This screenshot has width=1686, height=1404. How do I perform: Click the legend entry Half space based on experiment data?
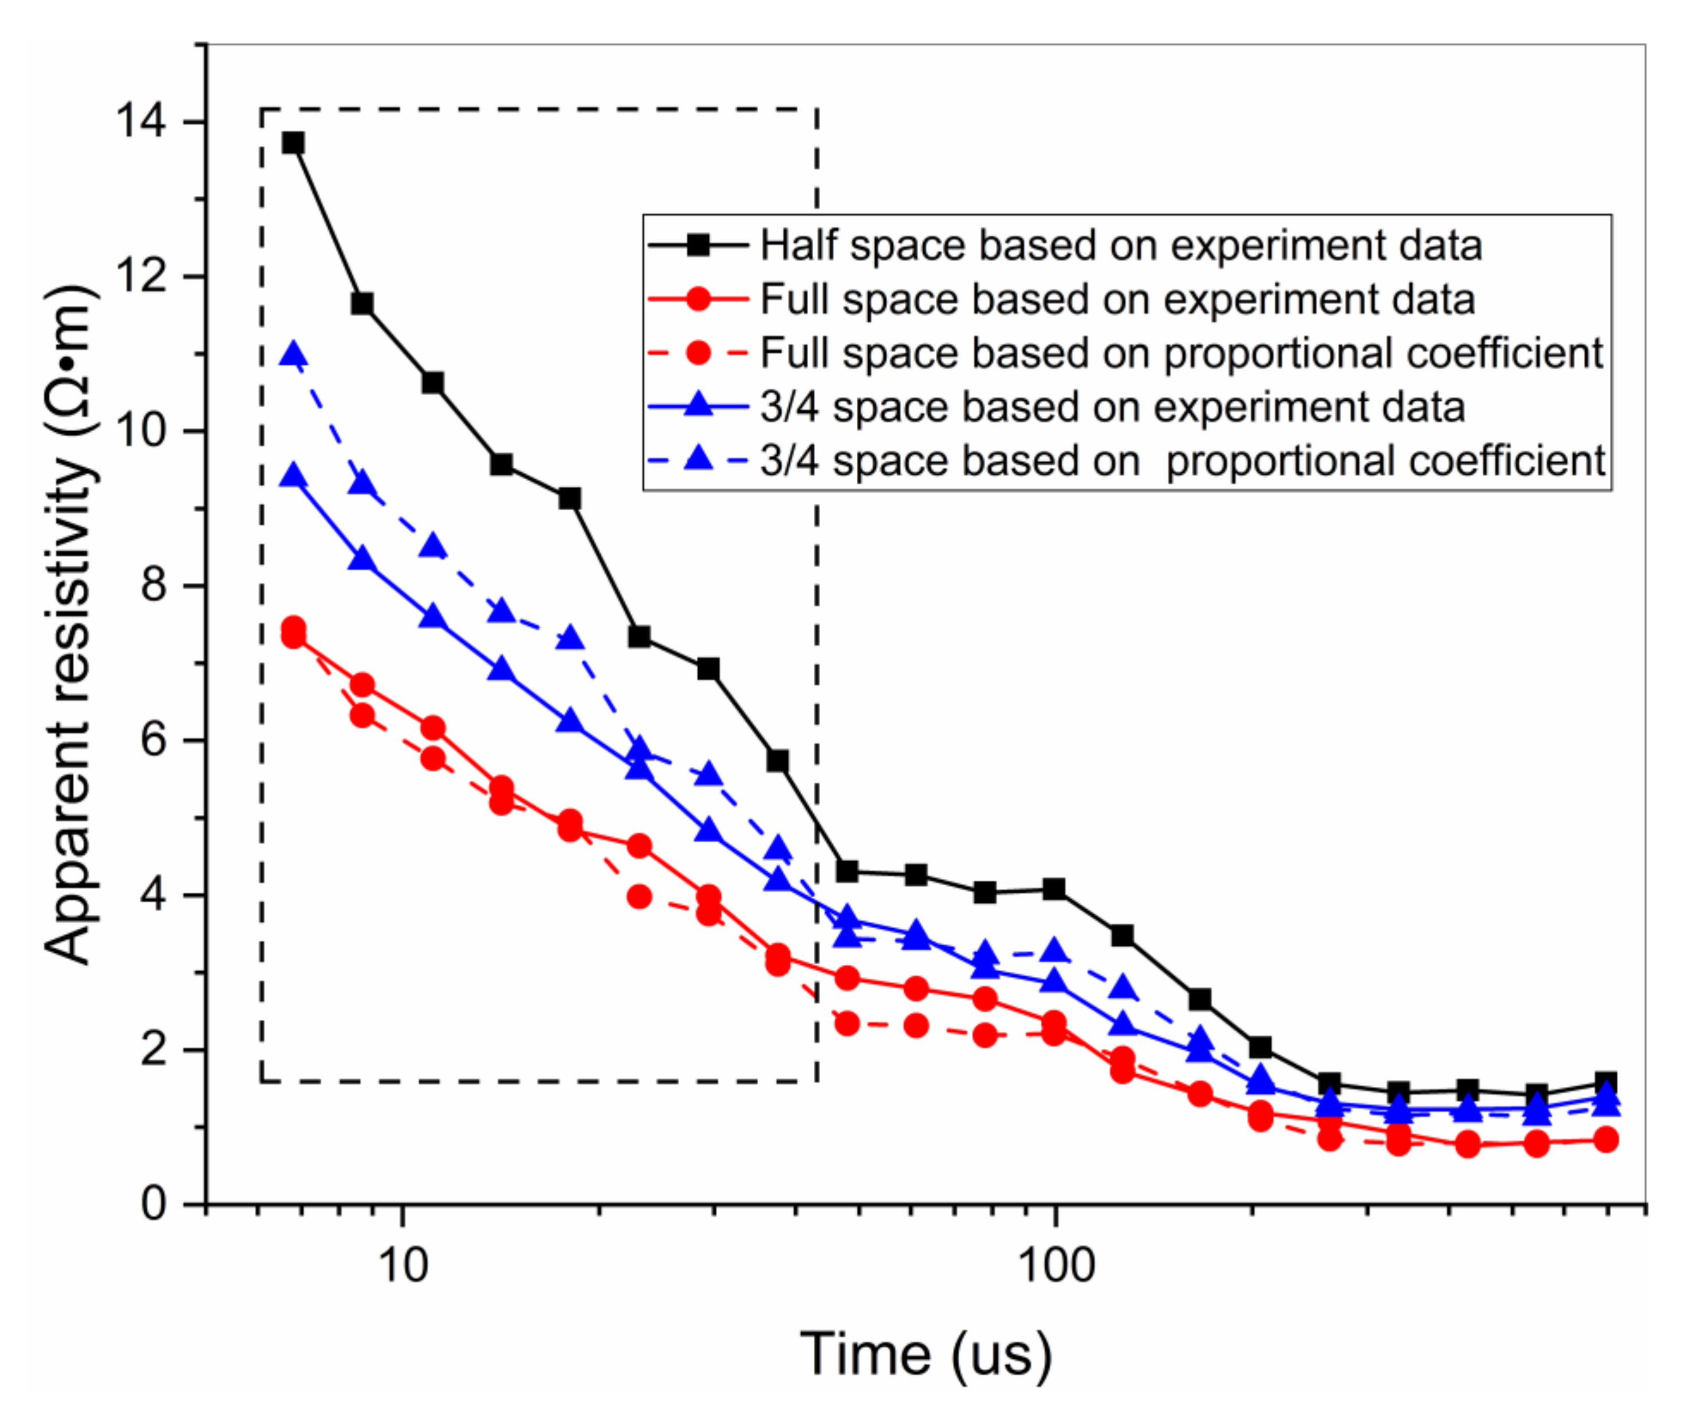coord(1121,245)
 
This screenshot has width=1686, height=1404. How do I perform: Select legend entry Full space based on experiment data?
coord(1117,299)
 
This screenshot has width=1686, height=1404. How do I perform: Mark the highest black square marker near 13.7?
coord(293,143)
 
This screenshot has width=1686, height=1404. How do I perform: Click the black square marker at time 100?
coord(1054,889)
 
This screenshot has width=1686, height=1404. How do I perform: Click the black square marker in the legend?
coord(699,245)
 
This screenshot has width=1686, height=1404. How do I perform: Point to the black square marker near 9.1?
coord(569,499)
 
